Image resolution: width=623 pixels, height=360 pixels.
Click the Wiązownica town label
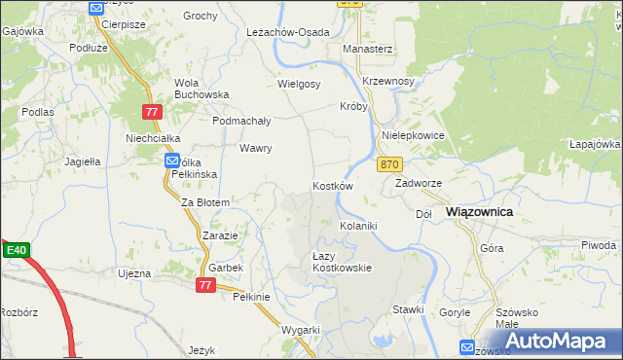pos(479,211)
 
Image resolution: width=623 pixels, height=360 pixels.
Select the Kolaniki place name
pos(357,226)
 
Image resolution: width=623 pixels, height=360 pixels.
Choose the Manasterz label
pos(367,48)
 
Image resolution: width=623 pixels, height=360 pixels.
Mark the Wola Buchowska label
pos(201,89)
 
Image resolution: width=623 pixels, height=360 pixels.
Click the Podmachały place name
pos(241,121)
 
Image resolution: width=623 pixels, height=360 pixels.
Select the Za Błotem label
pos(205,202)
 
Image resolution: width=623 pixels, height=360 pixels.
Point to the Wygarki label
pos(301,330)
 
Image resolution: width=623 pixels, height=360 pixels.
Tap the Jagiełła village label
pos(83,162)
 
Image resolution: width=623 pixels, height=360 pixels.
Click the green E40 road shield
pos(15,250)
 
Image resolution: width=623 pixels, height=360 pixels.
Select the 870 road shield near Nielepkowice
pos(390,164)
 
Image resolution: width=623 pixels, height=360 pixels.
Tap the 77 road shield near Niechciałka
pos(151,112)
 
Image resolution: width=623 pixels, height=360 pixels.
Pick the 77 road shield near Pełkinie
pos(204,284)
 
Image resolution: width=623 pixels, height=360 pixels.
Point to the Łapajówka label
pos(595,144)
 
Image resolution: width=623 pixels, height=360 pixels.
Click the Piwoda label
pos(598,244)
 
